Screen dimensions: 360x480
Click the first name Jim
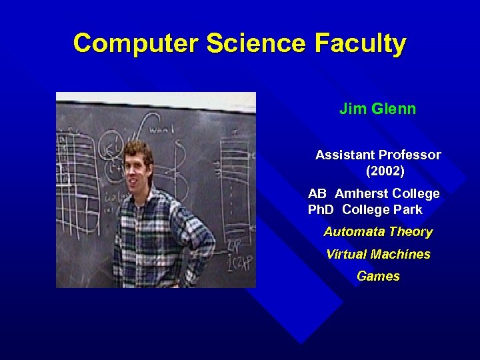(351, 109)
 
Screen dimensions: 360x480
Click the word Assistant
(345, 155)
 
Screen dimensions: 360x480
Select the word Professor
(409, 155)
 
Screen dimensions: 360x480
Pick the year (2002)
(385, 171)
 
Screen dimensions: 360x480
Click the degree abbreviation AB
(317, 193)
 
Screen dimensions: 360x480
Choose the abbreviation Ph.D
(321, 209)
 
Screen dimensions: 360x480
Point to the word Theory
(411, 232)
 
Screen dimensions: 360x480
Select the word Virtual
(346, 254)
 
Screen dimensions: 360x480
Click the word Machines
(400, 254)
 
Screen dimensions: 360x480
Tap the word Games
(378, 276)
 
